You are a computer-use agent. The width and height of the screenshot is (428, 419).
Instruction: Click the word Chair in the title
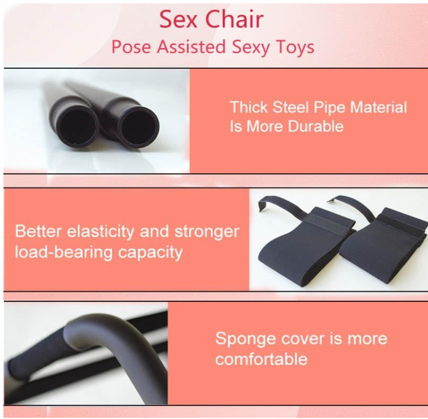pyautogui.click(x=235, y=19)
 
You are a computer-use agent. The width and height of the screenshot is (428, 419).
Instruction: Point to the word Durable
pyautogui.click(x=313, y=126)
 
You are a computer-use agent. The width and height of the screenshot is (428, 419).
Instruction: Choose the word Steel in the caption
pyautogui.click(x=290, y=107)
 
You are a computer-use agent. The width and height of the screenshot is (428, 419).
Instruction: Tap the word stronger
pyautogui.click(x=206, y=231)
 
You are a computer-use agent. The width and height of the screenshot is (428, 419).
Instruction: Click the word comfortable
pyautogui.click(x=261, y=359)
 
